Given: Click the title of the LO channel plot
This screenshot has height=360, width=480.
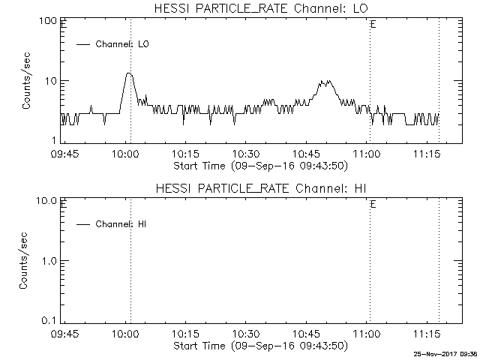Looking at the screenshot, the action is pos(261,8).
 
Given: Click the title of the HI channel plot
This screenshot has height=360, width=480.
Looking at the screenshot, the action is pos(261,188).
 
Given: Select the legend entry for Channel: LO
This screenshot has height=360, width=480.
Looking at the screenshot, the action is pos(112,44).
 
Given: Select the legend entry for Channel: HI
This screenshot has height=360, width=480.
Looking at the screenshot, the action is pos(112,224).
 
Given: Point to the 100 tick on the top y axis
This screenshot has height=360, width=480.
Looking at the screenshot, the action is pos(48,21).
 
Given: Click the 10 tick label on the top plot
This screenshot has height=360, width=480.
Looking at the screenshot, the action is pos(51,81).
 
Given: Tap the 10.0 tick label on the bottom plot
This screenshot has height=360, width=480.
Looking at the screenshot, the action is pos(46,201).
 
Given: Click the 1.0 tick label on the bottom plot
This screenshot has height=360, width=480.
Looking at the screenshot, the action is pos(49,261).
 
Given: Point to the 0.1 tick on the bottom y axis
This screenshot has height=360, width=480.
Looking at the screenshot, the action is pos(49,321).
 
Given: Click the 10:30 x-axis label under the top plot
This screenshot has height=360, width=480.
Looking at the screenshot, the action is pos(246,154).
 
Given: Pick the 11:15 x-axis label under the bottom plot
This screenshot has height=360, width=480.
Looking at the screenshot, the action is pos(427,333).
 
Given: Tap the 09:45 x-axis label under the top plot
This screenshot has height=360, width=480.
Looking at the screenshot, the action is pos(64,154).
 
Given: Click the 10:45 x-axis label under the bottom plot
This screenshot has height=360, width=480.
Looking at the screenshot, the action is pos(307,333).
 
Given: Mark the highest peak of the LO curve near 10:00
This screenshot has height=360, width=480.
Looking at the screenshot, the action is pos(129,73).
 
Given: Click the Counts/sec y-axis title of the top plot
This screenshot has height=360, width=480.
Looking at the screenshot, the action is pos(26,81).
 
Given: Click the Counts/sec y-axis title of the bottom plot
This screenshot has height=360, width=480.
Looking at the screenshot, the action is pos(23,260).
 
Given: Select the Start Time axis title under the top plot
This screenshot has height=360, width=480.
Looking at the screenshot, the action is pos(261,166).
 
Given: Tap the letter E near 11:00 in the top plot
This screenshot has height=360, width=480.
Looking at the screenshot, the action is pos(373,25).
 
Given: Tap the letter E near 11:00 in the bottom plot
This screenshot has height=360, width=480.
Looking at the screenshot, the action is pos(373,205).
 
